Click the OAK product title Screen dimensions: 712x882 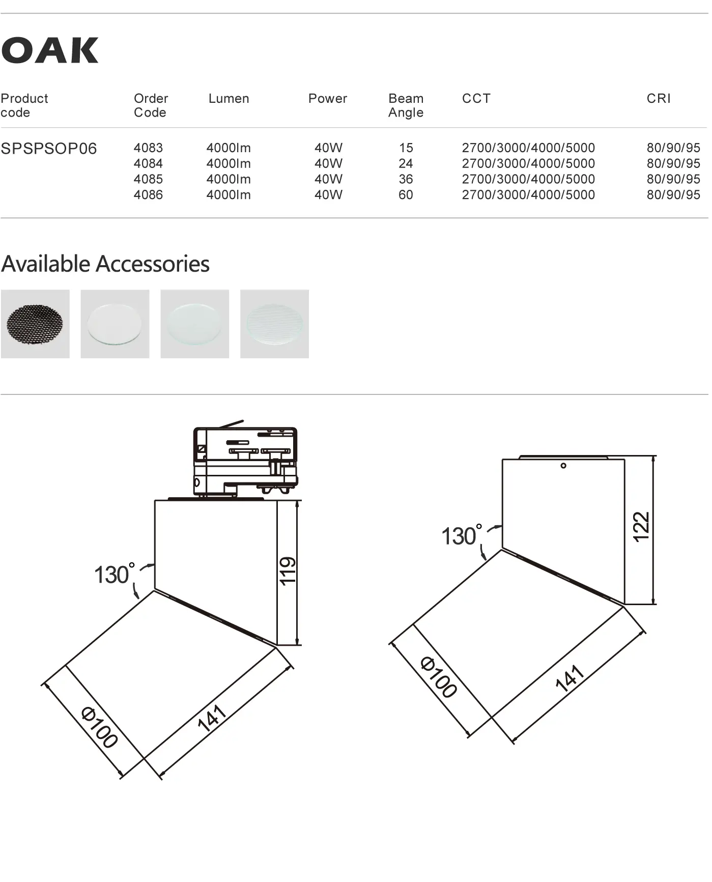coord(50,50)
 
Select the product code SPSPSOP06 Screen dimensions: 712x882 coord(49,149)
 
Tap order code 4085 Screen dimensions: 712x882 coord(148,179)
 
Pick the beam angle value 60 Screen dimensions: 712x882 coord(406,195)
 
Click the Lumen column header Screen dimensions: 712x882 coord(229,98)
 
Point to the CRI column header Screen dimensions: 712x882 coord(659,98)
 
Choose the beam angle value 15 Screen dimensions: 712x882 coord(406,148)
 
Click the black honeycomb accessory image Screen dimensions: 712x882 coord(35,324)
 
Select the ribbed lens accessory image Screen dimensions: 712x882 coord(274,324)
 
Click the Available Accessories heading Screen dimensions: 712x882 coord(105,264)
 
